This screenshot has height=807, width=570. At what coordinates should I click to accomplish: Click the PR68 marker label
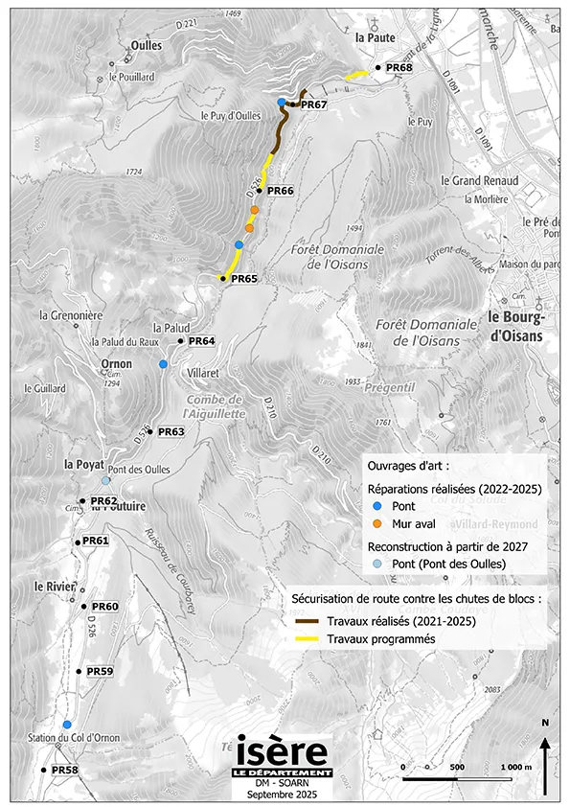tap(400, 68)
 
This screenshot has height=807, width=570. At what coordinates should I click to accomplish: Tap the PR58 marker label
tap(64, 770)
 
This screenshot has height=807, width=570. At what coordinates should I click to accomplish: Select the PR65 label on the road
tap(245, 278)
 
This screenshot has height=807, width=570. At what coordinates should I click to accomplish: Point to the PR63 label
tap(171, 431)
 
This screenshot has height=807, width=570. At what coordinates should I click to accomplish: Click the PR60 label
tap(104, 607)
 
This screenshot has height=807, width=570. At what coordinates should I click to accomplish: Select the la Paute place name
tap(374, 37)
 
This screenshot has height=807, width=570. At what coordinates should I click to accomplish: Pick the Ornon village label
tap(117, 364)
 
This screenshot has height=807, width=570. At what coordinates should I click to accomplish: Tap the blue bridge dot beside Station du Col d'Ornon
tap(67, 725)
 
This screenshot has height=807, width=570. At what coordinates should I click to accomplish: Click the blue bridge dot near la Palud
tap(164, 364)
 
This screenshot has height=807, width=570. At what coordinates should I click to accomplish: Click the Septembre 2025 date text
tap(283, 795)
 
